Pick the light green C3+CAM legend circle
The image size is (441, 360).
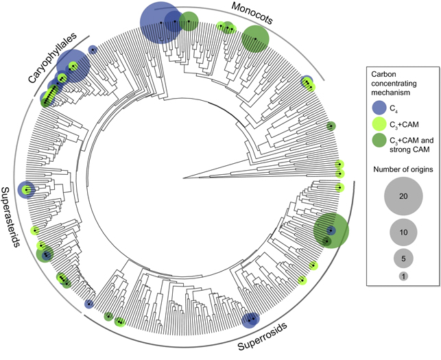point(379,123)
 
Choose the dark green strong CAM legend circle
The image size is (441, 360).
point(379,142)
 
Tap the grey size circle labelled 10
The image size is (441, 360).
point(403,233)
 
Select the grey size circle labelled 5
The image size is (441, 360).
point(403,259)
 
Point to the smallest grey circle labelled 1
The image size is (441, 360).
point(403,276)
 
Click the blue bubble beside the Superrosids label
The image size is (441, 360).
point(250,320)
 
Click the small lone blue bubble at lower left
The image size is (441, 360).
point(88,304)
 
